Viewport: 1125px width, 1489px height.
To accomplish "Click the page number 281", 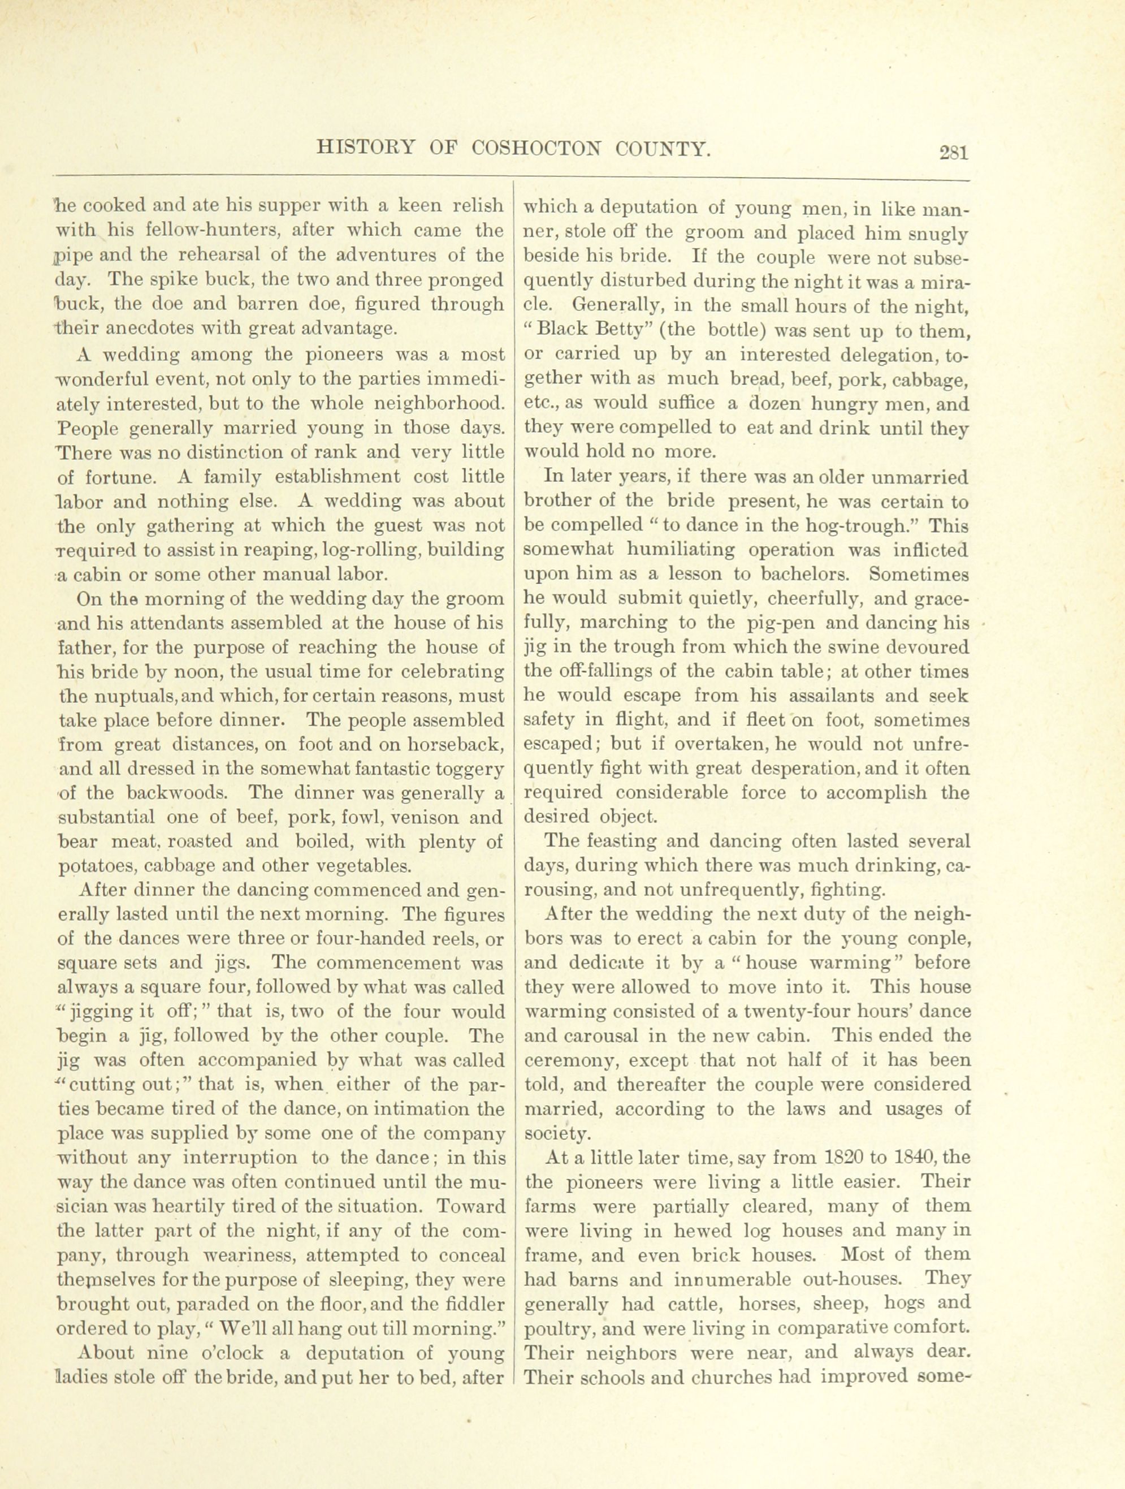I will pos(954,153).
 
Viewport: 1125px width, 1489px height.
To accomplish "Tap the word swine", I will pos(857,648).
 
